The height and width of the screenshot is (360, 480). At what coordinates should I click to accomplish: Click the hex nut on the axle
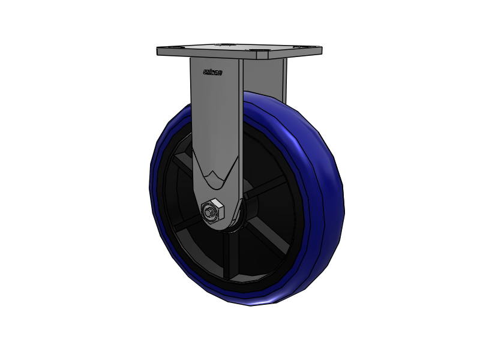point(212,211)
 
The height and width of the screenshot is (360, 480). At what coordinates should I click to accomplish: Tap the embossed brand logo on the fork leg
point(212,73)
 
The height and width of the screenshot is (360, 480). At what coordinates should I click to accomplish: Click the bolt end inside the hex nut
point(209,211)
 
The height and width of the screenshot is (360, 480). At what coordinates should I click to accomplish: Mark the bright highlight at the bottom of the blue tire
point(264,301)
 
